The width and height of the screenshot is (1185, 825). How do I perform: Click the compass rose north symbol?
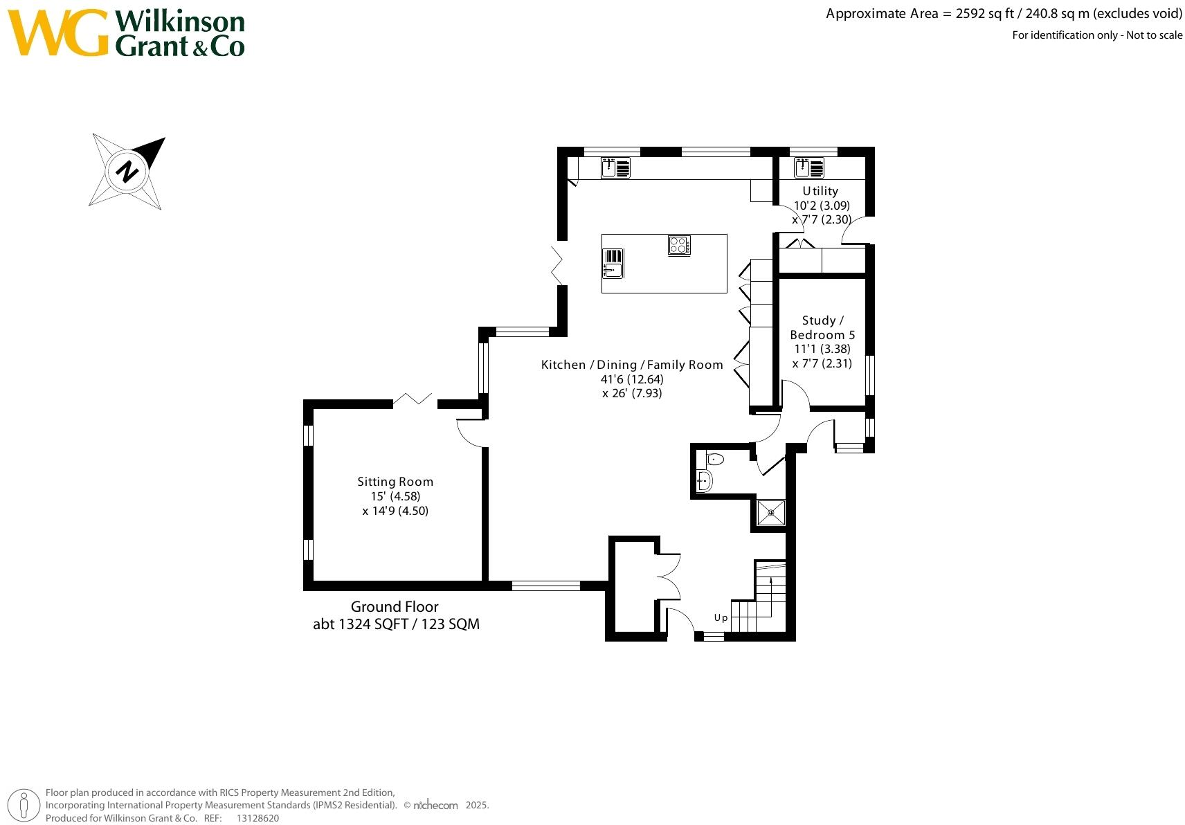click(127, 170)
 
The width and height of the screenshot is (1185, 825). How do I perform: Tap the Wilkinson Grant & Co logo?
click(127, 33)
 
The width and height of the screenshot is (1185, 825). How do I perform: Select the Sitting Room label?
click(395, 482)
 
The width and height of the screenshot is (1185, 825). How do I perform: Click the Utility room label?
click(820, 191)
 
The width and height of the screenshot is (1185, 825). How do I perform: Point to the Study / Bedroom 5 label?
click(822, 327)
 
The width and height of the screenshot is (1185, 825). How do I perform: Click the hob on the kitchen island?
click(679, 245)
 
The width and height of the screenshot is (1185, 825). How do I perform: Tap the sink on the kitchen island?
click(613, 264)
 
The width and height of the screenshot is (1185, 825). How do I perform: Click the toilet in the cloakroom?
click(715, 459)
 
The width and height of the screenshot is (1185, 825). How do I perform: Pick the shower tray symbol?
click(770, 513)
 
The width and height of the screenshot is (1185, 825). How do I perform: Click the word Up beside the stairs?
click(721, 617)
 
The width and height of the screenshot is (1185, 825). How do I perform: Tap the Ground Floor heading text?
click(395, 607)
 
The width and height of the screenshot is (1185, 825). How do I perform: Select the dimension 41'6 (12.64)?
click(632, 379)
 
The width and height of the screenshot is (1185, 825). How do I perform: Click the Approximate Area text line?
click(1004, 13)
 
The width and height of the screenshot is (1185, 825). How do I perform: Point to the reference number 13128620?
click(257, 818)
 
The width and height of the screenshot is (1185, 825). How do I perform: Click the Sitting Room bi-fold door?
click(413, 399)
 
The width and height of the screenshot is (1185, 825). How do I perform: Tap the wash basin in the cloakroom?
click(704, 480)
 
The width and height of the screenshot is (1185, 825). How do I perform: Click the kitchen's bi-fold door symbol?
click(558, 264)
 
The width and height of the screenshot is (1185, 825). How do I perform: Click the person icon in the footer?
click(24, 806)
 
